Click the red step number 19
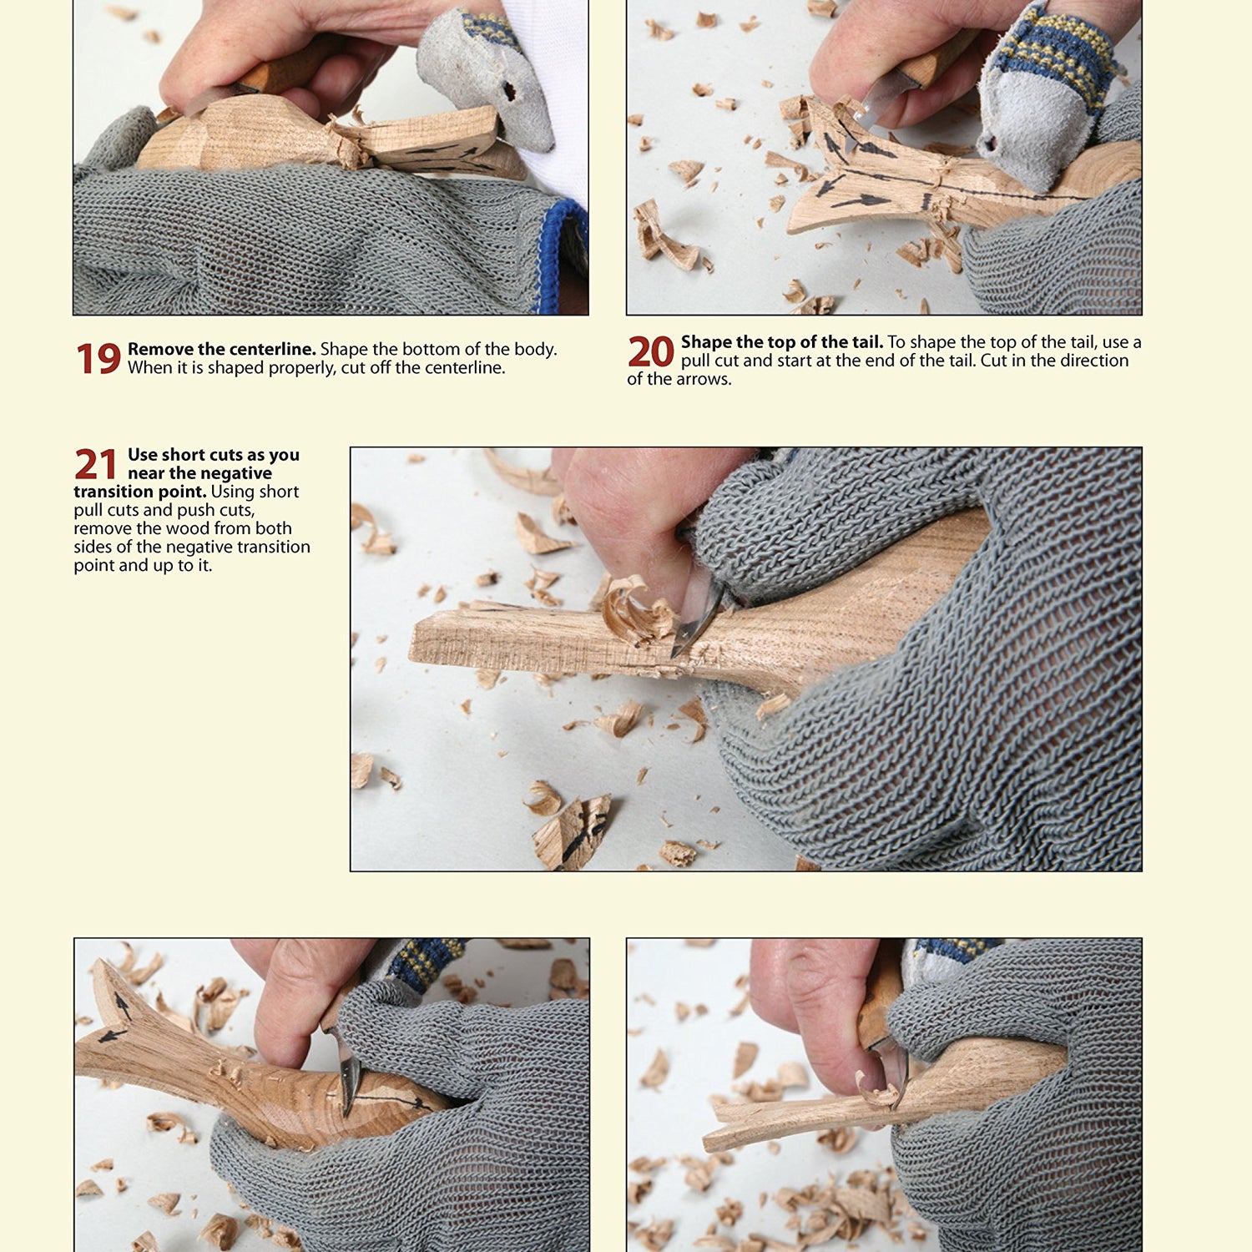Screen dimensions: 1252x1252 click(98, 359)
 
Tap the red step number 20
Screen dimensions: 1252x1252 click(650, 351)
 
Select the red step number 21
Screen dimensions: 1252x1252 click(96, 464)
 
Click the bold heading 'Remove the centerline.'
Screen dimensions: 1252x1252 click(221, 349)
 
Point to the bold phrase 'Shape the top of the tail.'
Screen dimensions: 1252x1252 click(781, 341)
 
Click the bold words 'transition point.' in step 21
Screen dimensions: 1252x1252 click(139, 492)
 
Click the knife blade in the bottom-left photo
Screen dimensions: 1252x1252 click(347, 1073)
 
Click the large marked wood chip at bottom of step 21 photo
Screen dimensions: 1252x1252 click(574, 830)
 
